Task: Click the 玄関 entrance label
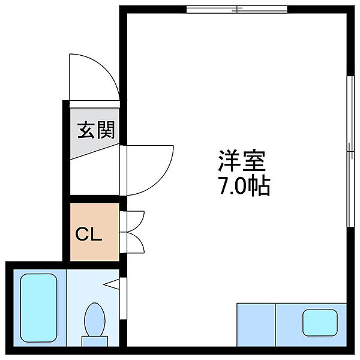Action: pyautogui.click(x=96, y=130)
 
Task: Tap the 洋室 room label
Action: pyautogui.click(x=242, y=161)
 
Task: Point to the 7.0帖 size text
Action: pyautogui.click(x=245, y=186)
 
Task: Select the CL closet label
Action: pyautogui.click(x=89, y=234)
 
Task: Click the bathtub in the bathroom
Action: pyautogui.click(x=38, y=308)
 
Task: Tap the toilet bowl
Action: pyautogui.click(x=95, y=319)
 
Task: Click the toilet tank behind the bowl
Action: pyautogui.click(x=95, y=341)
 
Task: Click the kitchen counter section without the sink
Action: pyautogui.click(x=256, y=325)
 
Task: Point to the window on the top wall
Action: pyautogui.click(x=237, y=10)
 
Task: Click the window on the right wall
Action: pyautogui.click(x=350, y=151)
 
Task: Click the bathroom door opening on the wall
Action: pyautogui.click(x=123, y=298)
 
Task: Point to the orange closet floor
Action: pyautogui.click(x=95, y=232)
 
